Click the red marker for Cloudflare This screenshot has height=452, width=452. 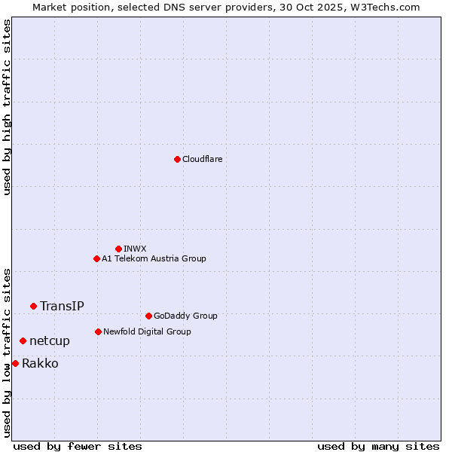[x=177, y=159]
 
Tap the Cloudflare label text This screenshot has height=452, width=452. [x=203, y=160]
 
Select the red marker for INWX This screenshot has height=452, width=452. [x=118, y=249]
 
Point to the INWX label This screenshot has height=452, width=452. [x=135, y=249]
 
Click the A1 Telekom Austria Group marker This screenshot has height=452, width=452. [x=96, y=258]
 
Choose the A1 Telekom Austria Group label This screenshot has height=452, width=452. [x=154, y=259]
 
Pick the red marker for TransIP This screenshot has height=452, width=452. [x=33, y=306]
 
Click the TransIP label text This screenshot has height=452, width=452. [x=62, y=306]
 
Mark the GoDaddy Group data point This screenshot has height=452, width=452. [x=148, y=316]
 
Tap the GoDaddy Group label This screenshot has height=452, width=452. [x=185, y=316]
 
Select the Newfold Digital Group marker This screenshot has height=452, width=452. [x=98, y=331]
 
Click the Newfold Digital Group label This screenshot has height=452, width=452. [x=147, y=331]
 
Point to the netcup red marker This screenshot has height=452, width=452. [x=23, y=341]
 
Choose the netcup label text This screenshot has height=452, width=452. [x=50, y=341]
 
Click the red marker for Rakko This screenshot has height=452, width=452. [x=15, y=364]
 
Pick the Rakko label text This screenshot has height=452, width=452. [x=40, y=364]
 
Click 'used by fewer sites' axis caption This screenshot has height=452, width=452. [x=78, y=446]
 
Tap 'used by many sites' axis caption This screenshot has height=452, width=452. [x=378, y=446]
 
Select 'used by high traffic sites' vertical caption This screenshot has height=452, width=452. [x=7, y=107]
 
